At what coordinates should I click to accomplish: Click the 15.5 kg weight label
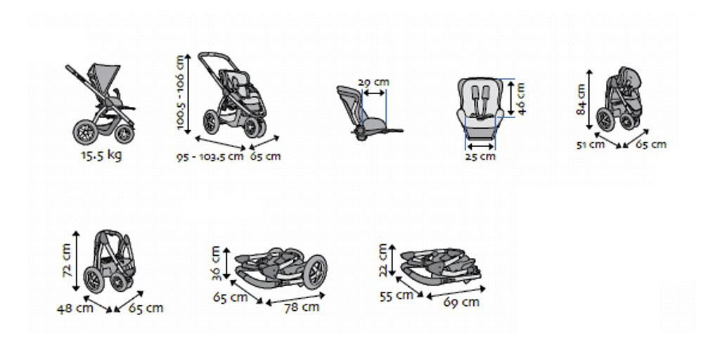pyautogui.click(x=101, y=155)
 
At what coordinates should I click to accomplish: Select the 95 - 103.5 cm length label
pyautogui.click(x=210, y=157)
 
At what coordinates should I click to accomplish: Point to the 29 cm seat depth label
pyautogui.click(x=373, y=82)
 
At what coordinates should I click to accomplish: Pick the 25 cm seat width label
pyautogui.click(x=480, y=156)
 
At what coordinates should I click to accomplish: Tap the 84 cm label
pyautogui.click(x=581, y=99)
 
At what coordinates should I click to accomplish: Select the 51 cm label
pyautogui.click(x=591, y=145)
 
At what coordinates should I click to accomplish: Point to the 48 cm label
pyautogui.click(x=75, y=308)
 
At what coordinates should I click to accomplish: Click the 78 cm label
pyautogui.click(x=302, y=307)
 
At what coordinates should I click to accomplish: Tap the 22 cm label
pyautogui.click(x=383, y=260)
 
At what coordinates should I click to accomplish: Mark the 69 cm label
pyautogui.click(x=461, y=302)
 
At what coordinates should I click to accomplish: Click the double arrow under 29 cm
pyautogui.click(x=374, y=93)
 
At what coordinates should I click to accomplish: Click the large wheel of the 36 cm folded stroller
pyautogui.click(x=315, y=272)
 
